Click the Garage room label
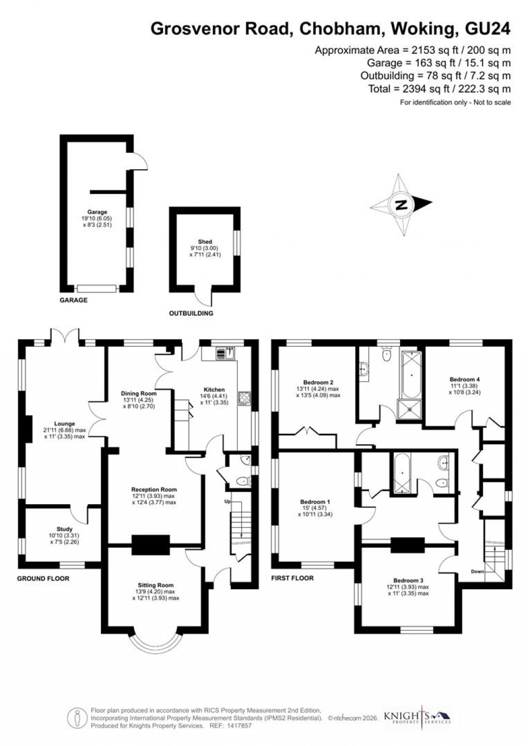click(x=97, y=212)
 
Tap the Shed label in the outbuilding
click(x=205, y=242)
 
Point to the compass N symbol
click(x=401, y=204)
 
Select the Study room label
click(x=64, y=529)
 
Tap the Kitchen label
click(x=214, y=390)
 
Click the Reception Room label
click(x=154, y=489)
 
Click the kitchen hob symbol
click(x=243, y=398)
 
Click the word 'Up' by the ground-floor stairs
click(x=227, y=502)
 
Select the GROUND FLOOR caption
click(x=43, y=578)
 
